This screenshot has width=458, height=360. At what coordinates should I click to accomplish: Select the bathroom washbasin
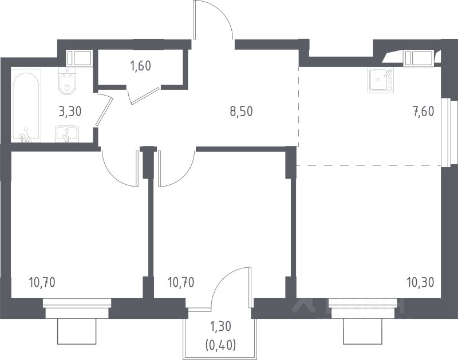[68, 134]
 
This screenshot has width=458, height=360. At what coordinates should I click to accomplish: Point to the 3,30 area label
[69, 111]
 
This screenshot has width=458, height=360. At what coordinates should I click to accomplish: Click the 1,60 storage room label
[140, 65]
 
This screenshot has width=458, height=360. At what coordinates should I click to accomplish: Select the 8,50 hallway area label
[241, 111]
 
